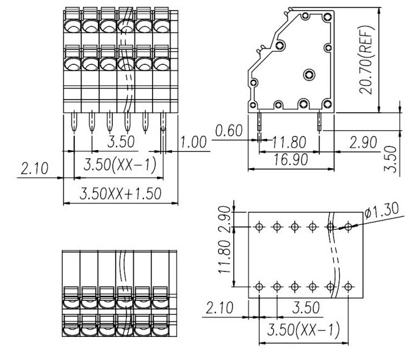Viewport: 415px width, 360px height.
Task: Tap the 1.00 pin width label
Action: pos(194,142)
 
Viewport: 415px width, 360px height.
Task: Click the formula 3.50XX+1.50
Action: pos(121,194)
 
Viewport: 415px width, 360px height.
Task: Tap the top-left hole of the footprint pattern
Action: pos(260,227)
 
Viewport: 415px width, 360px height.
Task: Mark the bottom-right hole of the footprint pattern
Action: pos(348,287)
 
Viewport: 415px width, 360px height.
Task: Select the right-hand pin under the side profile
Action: pos(319,122)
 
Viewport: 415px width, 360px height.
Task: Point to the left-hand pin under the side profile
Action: pos(259,123)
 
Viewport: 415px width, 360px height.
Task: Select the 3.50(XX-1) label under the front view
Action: pos(119,164)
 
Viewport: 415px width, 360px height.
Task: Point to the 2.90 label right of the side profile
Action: pos(362,142)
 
